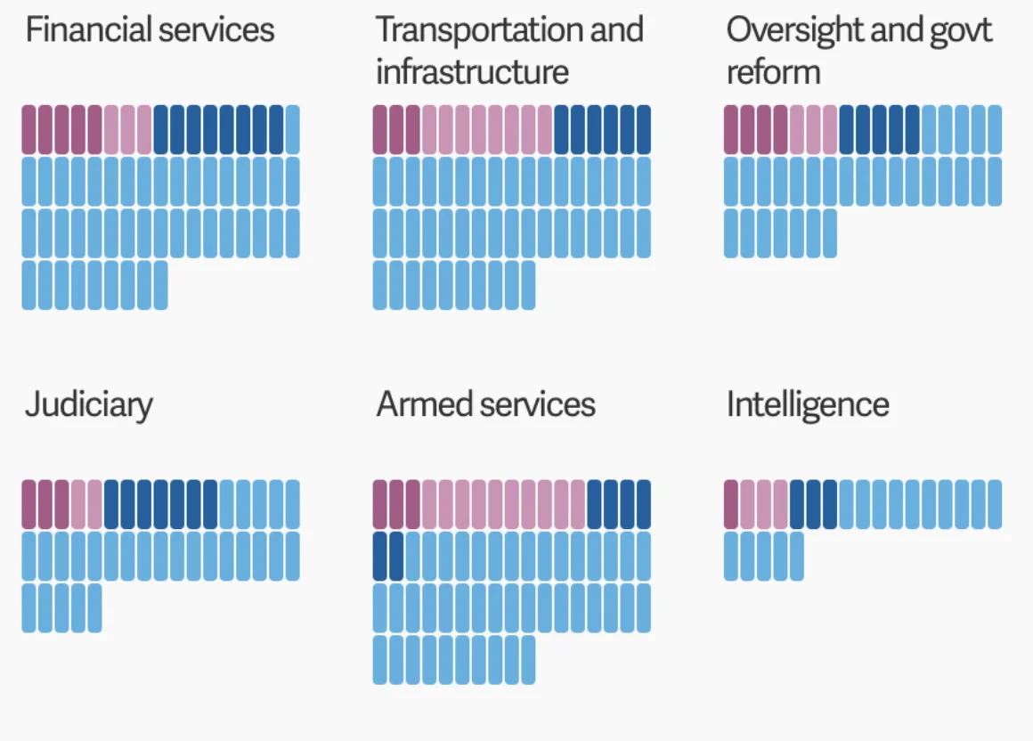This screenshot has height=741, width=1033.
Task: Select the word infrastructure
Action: [472, 72]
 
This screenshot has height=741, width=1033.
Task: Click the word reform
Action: [773, 72]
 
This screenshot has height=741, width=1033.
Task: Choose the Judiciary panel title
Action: [88, 405]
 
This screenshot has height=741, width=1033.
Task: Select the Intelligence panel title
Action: [808, 405]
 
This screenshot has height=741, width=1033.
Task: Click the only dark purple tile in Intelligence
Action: [731, 504]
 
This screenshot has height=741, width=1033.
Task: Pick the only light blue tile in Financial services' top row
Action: [292, 129]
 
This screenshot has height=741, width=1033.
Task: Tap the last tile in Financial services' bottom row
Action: [160, 285]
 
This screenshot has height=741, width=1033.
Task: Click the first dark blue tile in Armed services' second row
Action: [380, 556]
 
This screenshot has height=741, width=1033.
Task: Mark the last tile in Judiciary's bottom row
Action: [94, 607]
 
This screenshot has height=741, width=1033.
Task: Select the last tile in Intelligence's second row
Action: [796, 556]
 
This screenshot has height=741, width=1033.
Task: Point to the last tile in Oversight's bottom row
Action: [829, 233]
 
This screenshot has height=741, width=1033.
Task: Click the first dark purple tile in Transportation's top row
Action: [380, 129]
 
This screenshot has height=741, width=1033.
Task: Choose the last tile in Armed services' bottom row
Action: [528, 659]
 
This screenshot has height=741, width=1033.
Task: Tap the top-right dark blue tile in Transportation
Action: [643, 129]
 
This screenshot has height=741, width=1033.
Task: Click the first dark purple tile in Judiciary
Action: [29, 504]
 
